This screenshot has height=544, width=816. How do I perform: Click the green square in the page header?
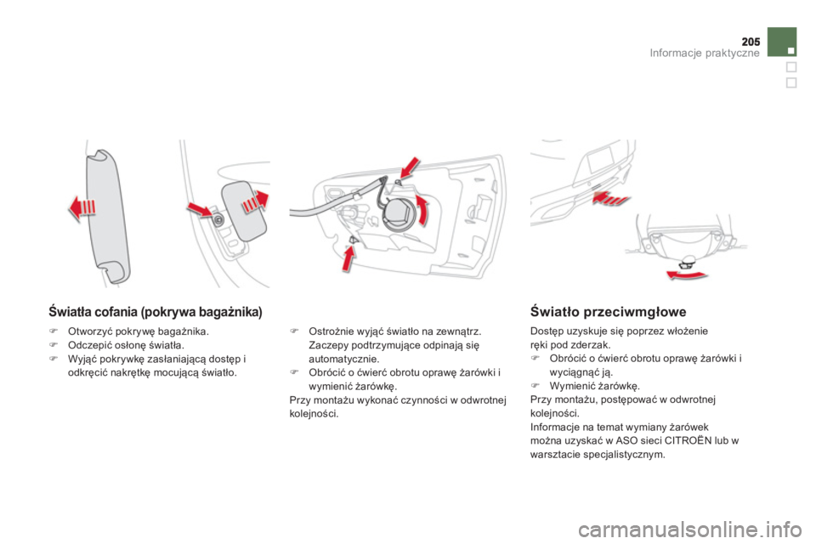click(781, 41)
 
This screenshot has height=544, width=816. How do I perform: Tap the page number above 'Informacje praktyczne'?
click(751, 41)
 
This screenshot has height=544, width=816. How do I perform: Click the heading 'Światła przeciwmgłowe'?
click(603, 312)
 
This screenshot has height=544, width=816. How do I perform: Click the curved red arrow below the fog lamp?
click(688, 274)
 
